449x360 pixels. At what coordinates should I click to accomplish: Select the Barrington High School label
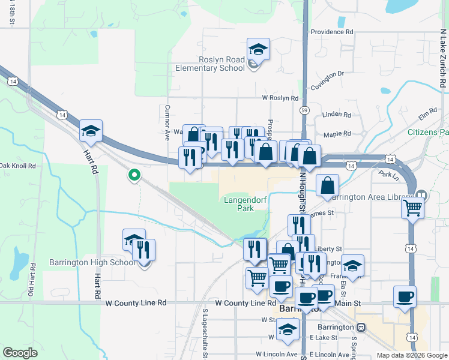pos(92,262)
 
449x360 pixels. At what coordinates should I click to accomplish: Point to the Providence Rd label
pos(332,32)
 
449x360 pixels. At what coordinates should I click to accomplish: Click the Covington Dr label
pos(327,74)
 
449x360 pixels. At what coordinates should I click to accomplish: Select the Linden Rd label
pos(337,115)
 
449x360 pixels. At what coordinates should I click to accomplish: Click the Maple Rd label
pos(337,136)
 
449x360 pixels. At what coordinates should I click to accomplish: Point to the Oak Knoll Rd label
pos(18,166)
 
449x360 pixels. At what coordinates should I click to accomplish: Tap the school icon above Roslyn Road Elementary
pos(258,49)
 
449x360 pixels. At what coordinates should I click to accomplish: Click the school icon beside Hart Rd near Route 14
pos(91,131)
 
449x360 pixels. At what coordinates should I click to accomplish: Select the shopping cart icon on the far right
pos(413,208)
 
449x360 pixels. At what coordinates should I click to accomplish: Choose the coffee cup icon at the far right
pos(405,296)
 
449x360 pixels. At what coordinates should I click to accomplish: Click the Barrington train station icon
pos(361,328)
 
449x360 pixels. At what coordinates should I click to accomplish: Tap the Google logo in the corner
pos(20,353)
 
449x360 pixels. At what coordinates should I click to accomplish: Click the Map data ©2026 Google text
pos(411,355)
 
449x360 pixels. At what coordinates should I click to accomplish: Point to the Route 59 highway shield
pos(305,110)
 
